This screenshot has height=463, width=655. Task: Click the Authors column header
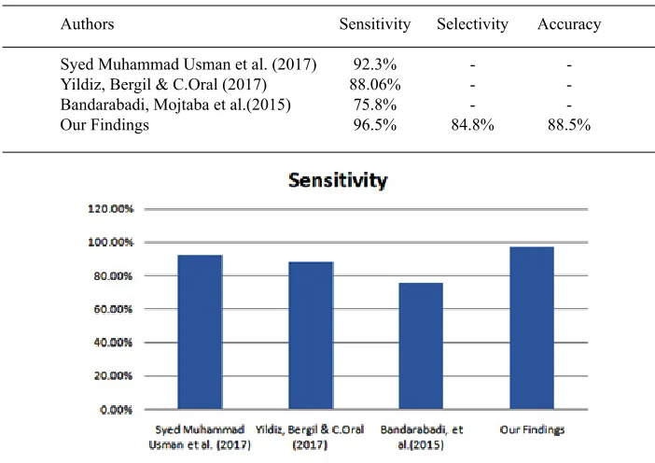coord(87,24)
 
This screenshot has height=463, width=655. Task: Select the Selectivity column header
coord(472,24)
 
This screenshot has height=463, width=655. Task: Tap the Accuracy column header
coord(569,24)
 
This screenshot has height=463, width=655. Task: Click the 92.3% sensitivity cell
coord(375,64)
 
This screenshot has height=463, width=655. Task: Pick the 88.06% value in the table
coord(375,84)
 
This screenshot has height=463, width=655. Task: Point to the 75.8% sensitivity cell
coord(375,105)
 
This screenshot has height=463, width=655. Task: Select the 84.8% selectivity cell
coord(472,125)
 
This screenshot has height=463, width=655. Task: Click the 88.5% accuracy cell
coord(569,125)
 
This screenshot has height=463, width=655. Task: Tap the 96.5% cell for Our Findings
coord(375,125)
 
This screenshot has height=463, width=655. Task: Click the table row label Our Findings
coord(105,125)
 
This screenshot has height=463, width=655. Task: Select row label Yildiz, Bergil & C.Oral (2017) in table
coord(163,84)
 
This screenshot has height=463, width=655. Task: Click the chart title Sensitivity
coord(338,180)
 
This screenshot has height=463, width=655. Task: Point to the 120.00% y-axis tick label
coord(111,208)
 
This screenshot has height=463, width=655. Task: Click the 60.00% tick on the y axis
coord(113,309)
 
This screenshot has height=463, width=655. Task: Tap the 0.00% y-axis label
coord(116,410)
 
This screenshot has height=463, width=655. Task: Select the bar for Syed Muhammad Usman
coord(200,331)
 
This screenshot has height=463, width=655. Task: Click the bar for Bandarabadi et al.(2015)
coord(421,346)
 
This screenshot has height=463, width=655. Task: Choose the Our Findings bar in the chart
coord(532,328)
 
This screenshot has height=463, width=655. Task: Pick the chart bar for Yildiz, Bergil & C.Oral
coord(311,335)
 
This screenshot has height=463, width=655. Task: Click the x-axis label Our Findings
coord(532,430)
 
